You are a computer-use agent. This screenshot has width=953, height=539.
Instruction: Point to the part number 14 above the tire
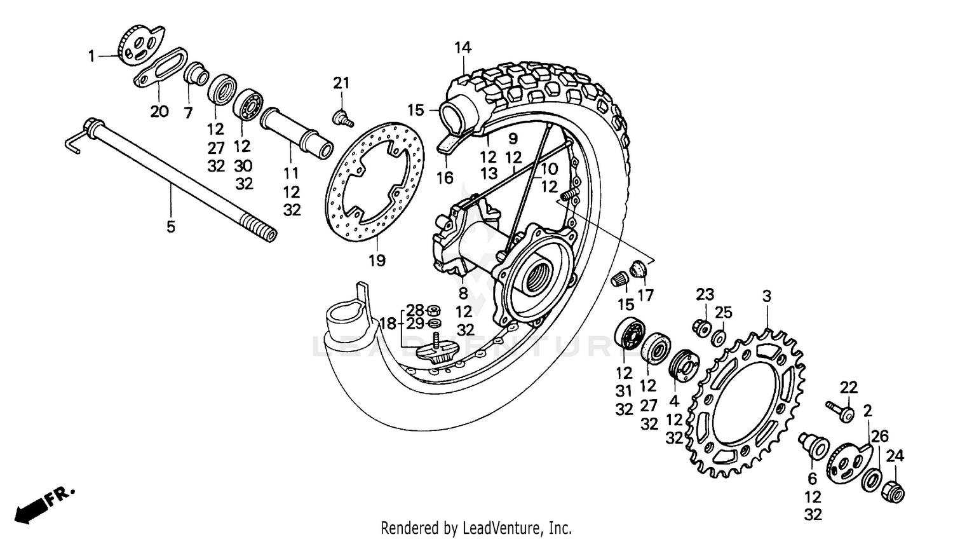[x=463, y=48]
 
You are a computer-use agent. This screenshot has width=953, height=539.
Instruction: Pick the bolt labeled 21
[x=343, y=118]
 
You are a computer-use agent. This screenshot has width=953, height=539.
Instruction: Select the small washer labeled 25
[x=720, y=338]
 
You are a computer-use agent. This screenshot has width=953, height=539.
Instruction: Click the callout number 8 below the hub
[x=463, y=294]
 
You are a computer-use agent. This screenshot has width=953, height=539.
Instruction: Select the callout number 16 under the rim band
[x=445, y=178]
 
